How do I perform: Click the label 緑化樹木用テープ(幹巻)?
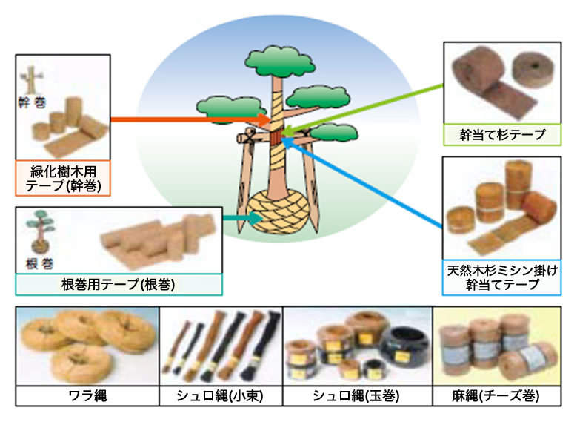click(63, 179)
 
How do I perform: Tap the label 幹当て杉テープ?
click(502, 135)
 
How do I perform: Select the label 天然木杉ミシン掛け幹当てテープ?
click(502, 277)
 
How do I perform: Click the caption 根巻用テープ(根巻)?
click(118, 285)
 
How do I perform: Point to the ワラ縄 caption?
click(87, 396)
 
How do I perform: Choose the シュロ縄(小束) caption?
click(220, 396)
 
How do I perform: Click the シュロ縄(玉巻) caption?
click(356, 396)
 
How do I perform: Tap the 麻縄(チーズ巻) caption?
click(496, 396)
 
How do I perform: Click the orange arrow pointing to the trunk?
click(190, 119)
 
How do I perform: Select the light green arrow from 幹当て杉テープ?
click(364, 109)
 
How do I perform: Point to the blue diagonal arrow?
click(362, 182)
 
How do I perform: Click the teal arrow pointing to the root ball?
click(242, 218)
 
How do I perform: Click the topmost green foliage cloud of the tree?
click(280, 61)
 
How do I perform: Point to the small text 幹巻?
click(33, 102)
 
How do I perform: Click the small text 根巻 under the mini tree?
click(40, 263)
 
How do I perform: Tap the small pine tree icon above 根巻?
click(40, 231)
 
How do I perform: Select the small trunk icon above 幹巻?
click(31, 79)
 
